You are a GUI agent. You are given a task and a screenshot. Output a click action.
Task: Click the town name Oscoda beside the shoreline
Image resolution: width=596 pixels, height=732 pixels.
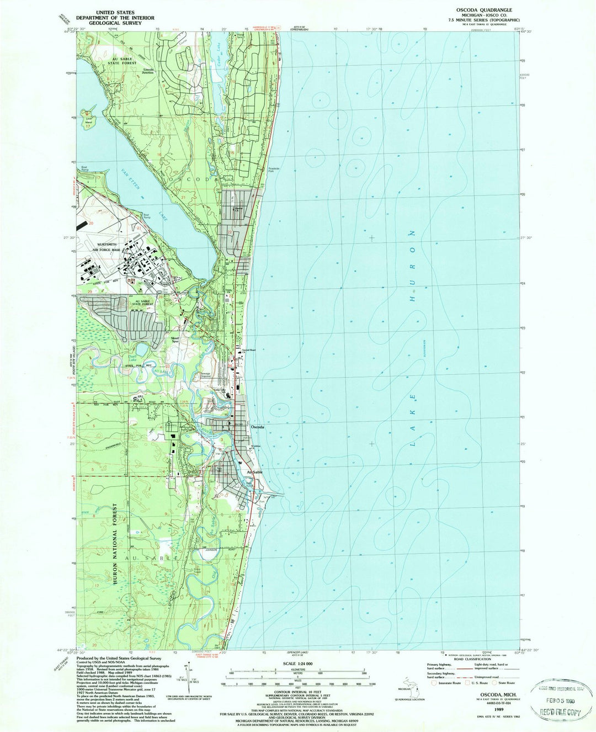click(258, 427)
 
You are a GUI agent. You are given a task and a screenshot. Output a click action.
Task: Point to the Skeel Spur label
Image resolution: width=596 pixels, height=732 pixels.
click(161, 337)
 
